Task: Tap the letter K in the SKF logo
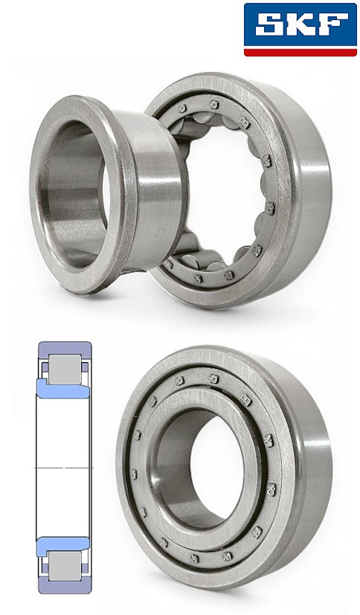point(300,25)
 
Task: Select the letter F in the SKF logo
point(332,25)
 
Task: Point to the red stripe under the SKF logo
point(300,53)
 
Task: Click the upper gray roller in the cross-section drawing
point(65,370)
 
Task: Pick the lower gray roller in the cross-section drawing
point(65,567)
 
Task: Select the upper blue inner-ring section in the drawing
point(63,390)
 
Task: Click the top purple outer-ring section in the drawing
point(65,349)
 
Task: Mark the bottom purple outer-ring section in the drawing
point(65,586)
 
